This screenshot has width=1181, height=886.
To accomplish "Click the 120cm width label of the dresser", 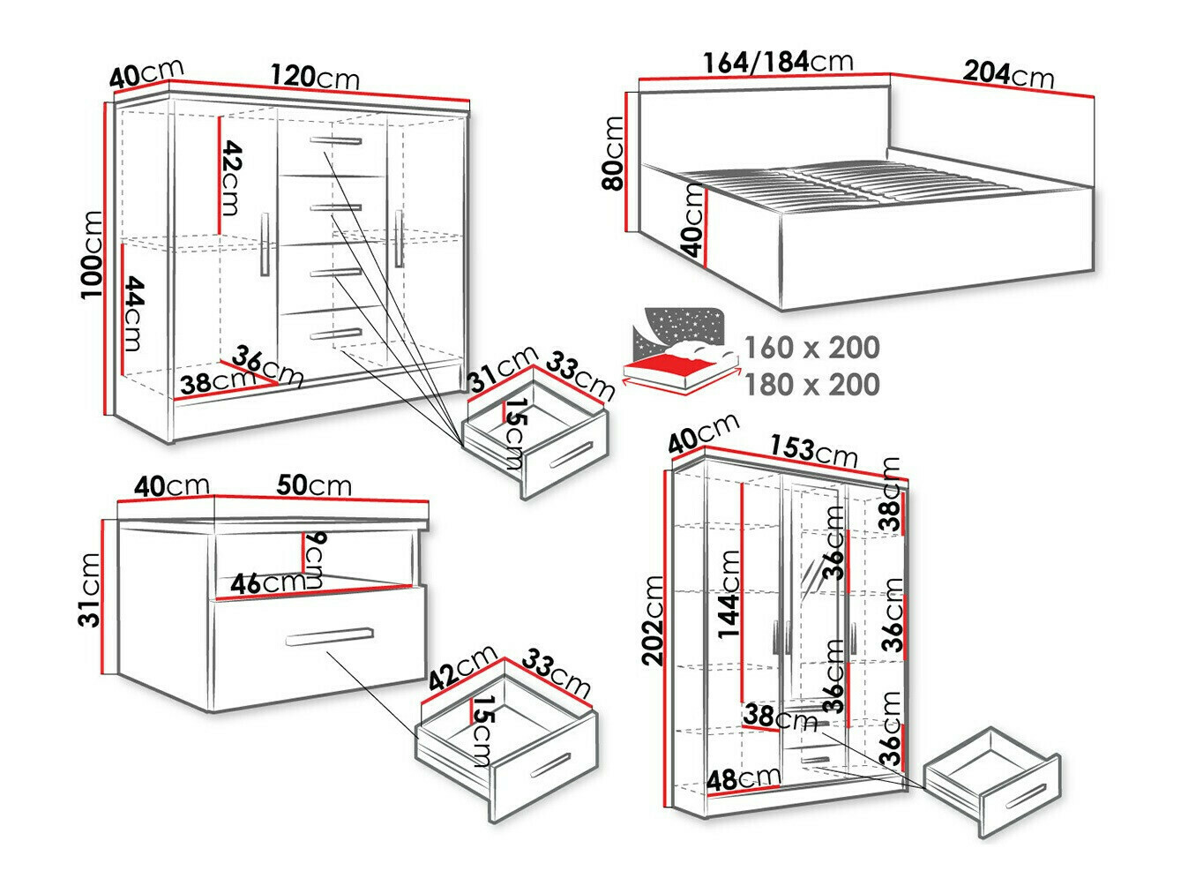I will [x=314, y=77].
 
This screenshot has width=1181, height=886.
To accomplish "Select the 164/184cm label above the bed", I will [x=777, y=63].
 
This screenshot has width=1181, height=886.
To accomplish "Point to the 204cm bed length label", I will [x=1007, y=73].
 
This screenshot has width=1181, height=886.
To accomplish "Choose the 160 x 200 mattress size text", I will [x=811, y=348].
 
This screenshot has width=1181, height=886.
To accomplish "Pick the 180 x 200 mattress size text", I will [x=811, y=385].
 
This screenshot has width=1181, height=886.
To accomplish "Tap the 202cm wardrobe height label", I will [x=652, y=621].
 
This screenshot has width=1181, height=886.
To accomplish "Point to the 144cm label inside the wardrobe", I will [x=729, y=594].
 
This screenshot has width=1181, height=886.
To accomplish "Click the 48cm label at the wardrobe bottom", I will [x=743, y=778].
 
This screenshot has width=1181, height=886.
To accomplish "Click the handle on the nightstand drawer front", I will [x=330, y=637].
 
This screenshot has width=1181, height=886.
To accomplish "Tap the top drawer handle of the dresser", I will [x=335, y=141].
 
